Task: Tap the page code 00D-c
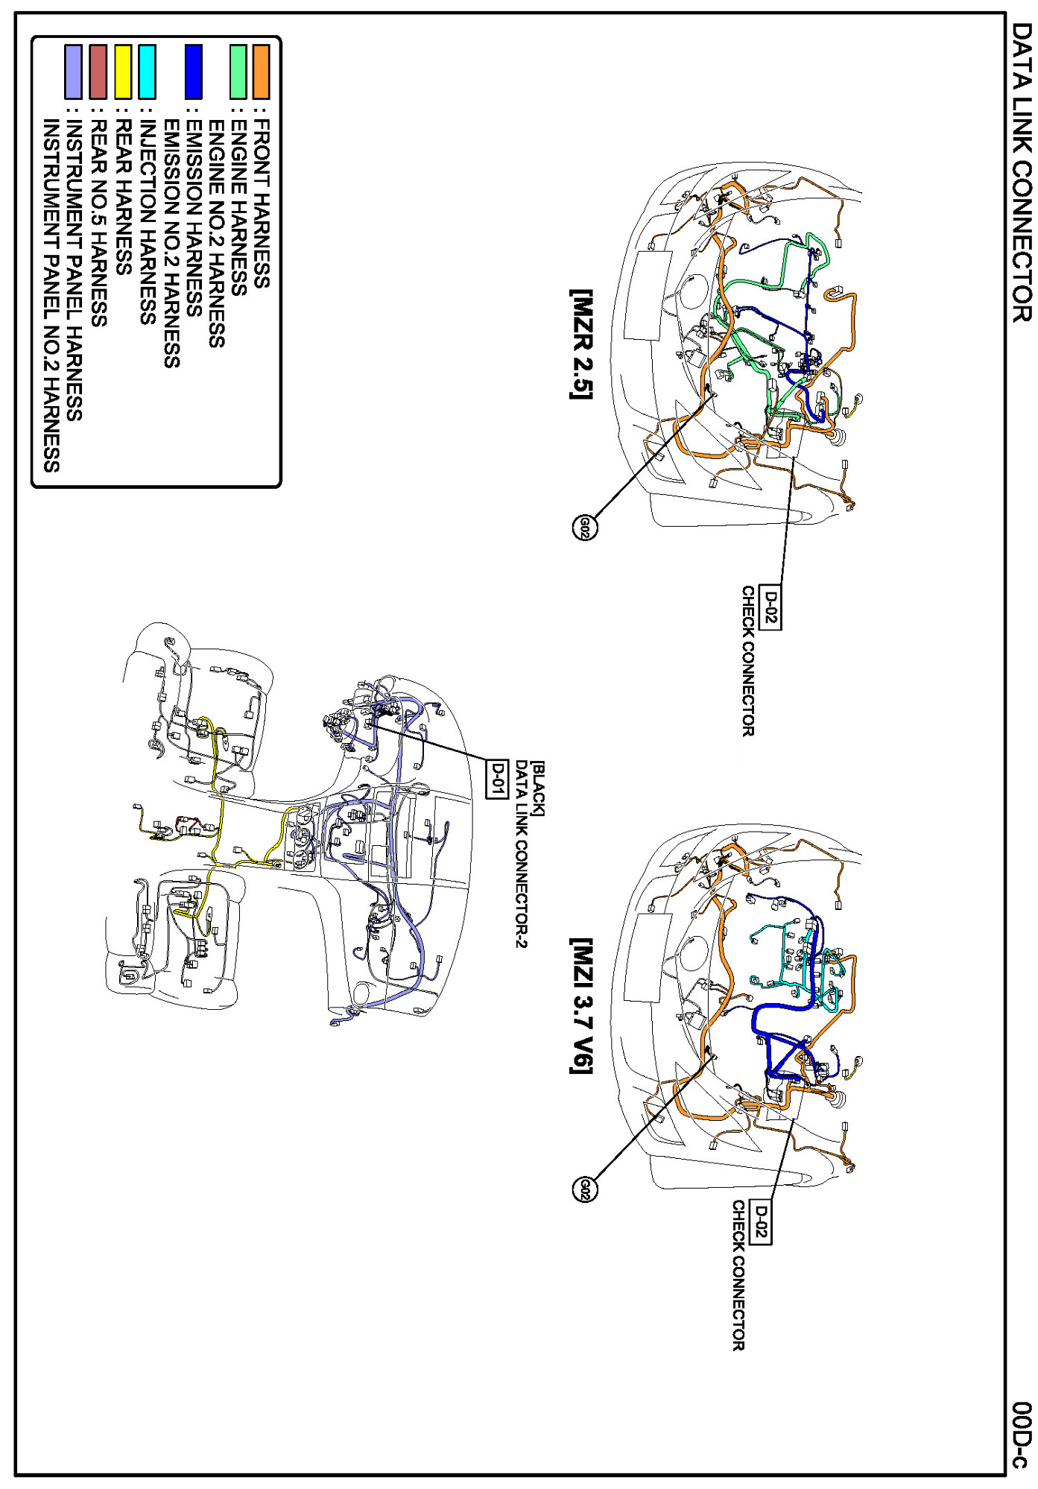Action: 1022,1435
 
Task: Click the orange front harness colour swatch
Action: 261,72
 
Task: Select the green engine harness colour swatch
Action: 238,72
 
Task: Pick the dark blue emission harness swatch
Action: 193,72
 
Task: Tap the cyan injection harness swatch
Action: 148,72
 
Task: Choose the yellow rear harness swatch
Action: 123,72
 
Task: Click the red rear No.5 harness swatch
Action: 98,72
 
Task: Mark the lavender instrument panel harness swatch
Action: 73,72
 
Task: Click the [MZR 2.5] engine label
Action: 581,344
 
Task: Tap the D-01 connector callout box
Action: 496,779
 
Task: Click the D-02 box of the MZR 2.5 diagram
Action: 770,607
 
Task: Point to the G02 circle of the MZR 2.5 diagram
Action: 585,528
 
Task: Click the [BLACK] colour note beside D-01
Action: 538,788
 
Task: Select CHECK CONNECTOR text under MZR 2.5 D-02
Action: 748,661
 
